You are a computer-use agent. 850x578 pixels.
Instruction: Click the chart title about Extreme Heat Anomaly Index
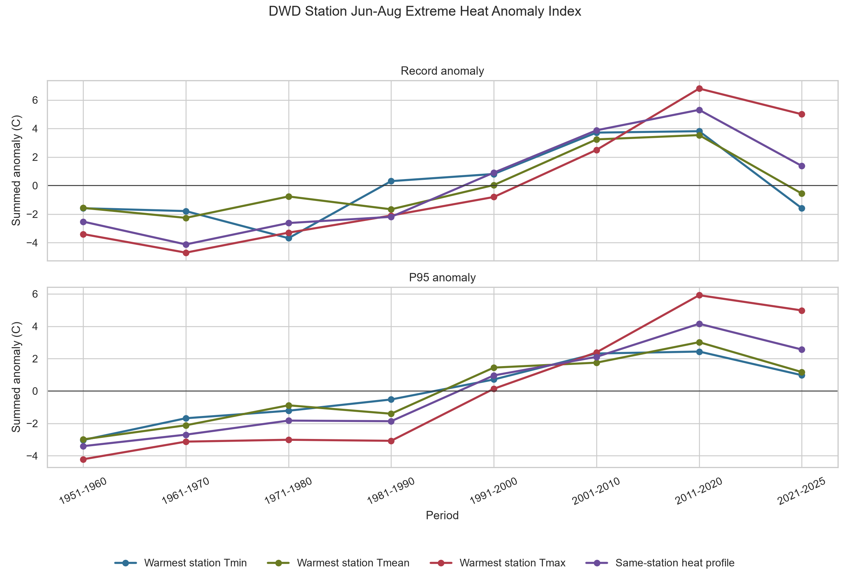coord(425,12)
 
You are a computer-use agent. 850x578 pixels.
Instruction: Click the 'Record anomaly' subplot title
coord(442,71)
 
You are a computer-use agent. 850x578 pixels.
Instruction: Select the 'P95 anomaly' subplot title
coord(442,278)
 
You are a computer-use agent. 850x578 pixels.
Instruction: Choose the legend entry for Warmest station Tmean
coord(338,563)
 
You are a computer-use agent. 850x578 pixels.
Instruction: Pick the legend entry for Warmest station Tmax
coord(498,563)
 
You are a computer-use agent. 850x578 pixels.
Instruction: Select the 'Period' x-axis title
coord(442,516)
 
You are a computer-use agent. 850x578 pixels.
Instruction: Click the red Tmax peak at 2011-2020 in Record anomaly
coord(699,88)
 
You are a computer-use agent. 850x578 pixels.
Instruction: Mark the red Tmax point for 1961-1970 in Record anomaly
coord(186,253)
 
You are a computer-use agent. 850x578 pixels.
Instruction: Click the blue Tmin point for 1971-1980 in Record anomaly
coord(289,238)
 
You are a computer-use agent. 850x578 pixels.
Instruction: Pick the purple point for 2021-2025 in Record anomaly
coord(802,166)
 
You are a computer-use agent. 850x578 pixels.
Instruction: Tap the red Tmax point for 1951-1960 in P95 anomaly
coord(83,459)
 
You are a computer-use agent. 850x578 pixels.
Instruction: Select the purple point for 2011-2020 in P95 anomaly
coord(699,324)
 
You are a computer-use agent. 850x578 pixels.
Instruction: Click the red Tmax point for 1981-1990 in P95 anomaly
coord(391,441)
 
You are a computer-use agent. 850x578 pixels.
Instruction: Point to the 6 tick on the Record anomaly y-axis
coord(36,100)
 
